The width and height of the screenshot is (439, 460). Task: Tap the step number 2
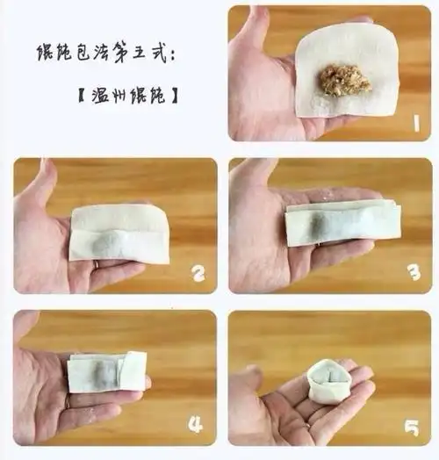tap(199, 275)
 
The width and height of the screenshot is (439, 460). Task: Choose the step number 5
tap(413, 428)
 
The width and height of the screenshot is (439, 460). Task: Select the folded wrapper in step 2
tap(119, 233)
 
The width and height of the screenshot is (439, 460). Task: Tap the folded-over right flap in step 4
tap(133, 370)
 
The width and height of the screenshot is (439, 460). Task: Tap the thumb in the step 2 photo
tap(37, 186)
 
